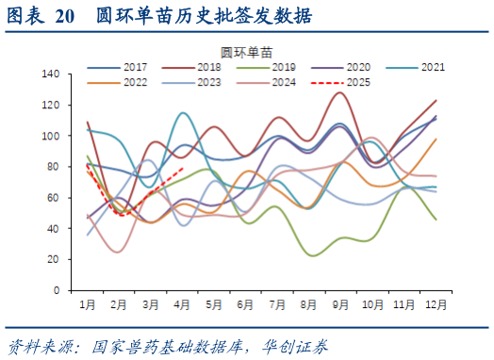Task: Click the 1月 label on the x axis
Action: tap(88, 304)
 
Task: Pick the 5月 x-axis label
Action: tap(214, 304)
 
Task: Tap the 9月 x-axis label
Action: tap(340, 304)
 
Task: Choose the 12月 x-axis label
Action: tap(435, 304)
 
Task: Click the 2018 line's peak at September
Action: tap(339, 92)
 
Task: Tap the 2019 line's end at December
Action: tap(436, 220)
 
